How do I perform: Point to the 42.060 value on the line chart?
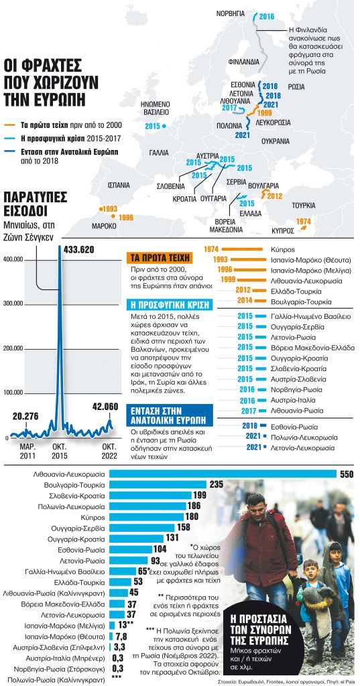(x=104, y=405)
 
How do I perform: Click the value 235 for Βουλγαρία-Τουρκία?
(x=217, y=484)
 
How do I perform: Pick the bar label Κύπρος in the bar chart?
(x=94, y=517)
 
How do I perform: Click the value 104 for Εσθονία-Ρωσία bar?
(x=178, y=549)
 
